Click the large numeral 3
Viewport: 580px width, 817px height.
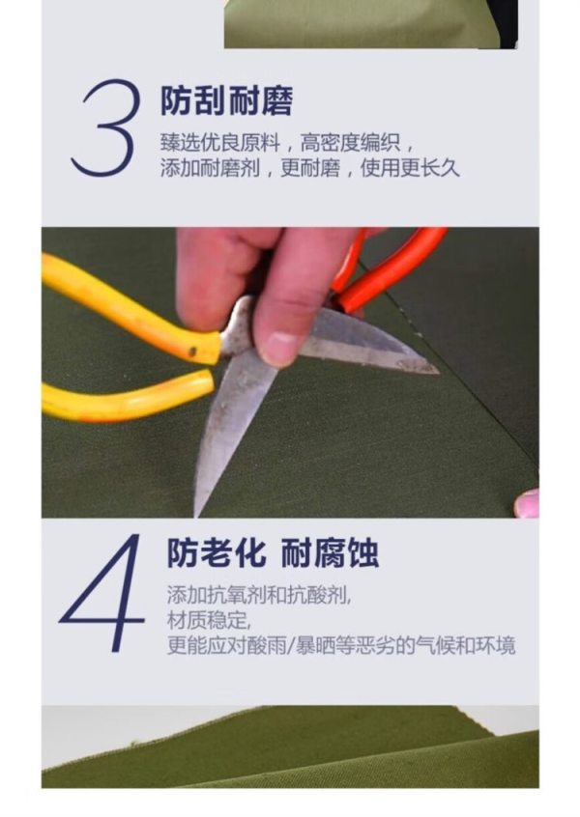point(107,127)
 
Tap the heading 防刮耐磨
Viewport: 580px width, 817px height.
point(226,100)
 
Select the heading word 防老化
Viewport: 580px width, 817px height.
point(217,552)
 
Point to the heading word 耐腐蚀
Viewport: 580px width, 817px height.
point(330,552)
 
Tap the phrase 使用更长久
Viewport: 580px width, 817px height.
point(410,168)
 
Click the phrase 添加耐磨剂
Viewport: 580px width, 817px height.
point(210,168)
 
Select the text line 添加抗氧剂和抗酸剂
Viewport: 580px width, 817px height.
point(259,595)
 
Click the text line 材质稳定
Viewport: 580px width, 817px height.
point(209,620)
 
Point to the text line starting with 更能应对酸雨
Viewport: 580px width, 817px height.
point(341,645)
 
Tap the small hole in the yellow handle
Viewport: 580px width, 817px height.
point(192,352)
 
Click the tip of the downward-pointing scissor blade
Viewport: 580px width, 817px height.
point(197,514)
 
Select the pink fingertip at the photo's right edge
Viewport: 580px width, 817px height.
point(527,503)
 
